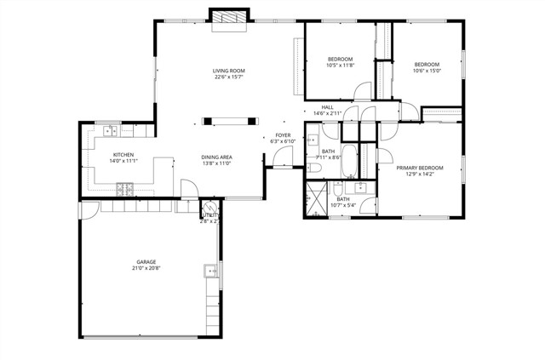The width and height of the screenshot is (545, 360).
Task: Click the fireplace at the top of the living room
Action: tap(229, 18)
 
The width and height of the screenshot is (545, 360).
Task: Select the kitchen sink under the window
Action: tap(110, 131)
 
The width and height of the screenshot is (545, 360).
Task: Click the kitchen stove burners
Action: tap(124, 188)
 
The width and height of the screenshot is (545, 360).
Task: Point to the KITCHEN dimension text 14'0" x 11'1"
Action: tap(123, 161)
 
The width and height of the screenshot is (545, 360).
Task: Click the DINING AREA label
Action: tap(217, 157)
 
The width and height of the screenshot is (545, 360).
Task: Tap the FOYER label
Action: tap(283, 134)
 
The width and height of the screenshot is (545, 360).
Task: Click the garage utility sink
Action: tap(208, 271)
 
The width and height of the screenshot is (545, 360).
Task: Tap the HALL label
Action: tap(327, 107)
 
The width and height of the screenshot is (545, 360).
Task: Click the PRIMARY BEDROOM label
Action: tap(420, 168)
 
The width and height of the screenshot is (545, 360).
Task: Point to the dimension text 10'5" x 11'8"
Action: tap(339, 66)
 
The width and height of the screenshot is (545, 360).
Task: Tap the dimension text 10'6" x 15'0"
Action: tap(427, 71)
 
